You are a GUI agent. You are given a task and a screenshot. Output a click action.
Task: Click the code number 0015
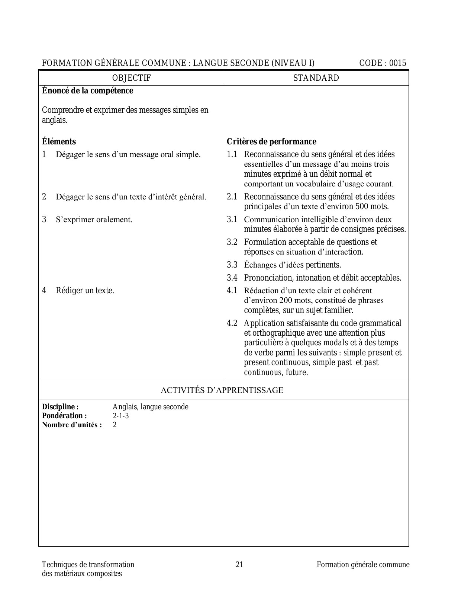pyautogui.click(x=398, y=63)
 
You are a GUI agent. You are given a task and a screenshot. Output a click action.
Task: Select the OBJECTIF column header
pyautogui.click(x=132, y=78)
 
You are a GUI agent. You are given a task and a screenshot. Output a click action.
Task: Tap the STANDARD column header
pyautogui.click(x=316, y=78)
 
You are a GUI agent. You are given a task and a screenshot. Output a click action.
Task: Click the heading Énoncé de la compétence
pyautogui.click(x=88, y=91)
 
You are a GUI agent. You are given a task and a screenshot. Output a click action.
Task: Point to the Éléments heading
pyautogui.click(x=59, y=142)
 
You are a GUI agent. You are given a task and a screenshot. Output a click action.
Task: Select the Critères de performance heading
pyautogui.click(x=271, y=142)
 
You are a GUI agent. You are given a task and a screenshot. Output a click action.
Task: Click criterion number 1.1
pyautogui.click(x=232, y=154)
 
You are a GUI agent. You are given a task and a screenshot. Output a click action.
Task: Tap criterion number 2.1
pyautogui.click(x=232, y=197)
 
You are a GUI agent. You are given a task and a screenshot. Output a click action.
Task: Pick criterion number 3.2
pyautogui.click(x=232, y=242)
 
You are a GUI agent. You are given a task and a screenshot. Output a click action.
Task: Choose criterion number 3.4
pyautogui.click(x=232, y=278)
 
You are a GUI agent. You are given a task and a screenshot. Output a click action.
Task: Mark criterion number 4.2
pyautogui.click(x=232, y=323)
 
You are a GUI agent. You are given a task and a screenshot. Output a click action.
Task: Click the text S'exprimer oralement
pyautogui.click(x=94, y=220)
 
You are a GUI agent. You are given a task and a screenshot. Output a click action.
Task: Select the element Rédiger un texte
pyautogui.click(x=85, y=291)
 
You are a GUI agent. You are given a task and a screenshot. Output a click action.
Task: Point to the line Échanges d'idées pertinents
pyautogui.click(x=292, y=265)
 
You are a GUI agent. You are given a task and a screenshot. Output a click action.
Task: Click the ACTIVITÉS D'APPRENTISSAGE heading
pyautogui.click(x=222, y=390)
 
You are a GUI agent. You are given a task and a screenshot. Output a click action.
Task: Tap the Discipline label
pyautogui.click(x=60, y=407)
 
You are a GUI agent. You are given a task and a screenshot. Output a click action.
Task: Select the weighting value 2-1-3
pyautogui.click(x=121, y=416)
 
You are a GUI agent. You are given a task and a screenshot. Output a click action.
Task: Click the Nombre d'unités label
pyautogui.click(x=72, y=425)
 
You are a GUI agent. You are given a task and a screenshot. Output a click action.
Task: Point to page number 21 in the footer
pyautogui.click(x=239, y=565)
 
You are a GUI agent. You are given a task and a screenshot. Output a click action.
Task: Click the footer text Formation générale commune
pyautogui.click(x=363, y=565)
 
